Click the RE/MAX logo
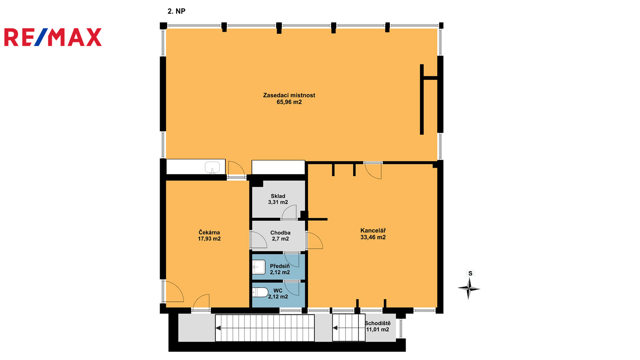point(53,37)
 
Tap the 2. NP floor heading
point(176,11)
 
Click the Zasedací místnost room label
point(289,95)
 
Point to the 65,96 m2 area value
point(289,102)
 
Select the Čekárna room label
point(209,232)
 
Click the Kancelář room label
point(373,230)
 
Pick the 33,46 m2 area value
point(373,237)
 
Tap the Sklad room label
point(278,196)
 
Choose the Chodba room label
point(280,232)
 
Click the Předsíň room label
point(280,266)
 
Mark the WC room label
point(278,290)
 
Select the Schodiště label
point(378,323)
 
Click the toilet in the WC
point(260,292)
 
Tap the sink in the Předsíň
point(258,267)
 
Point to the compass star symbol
point(468,288)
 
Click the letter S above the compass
point(470,274)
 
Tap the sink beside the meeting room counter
point(212,168)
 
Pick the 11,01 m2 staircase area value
point(378,330)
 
